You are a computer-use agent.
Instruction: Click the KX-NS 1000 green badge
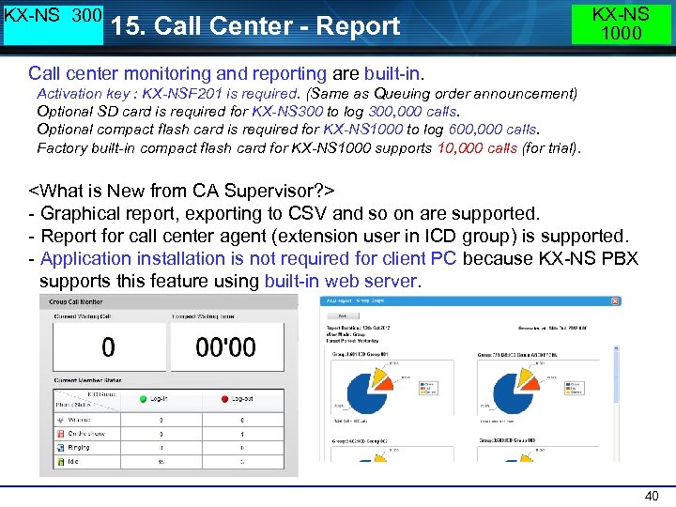coord(622,23)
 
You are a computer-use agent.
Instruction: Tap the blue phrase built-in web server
coord(341,281)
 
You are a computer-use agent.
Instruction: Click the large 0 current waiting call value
coord(109,347)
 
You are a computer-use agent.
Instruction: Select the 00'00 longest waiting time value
coord(225,347)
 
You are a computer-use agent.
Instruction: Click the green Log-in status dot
coord(144,399)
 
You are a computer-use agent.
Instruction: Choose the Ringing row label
coord(79,448)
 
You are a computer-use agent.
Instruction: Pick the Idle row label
coord(74,462)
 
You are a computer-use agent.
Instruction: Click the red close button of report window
coord(615,301)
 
